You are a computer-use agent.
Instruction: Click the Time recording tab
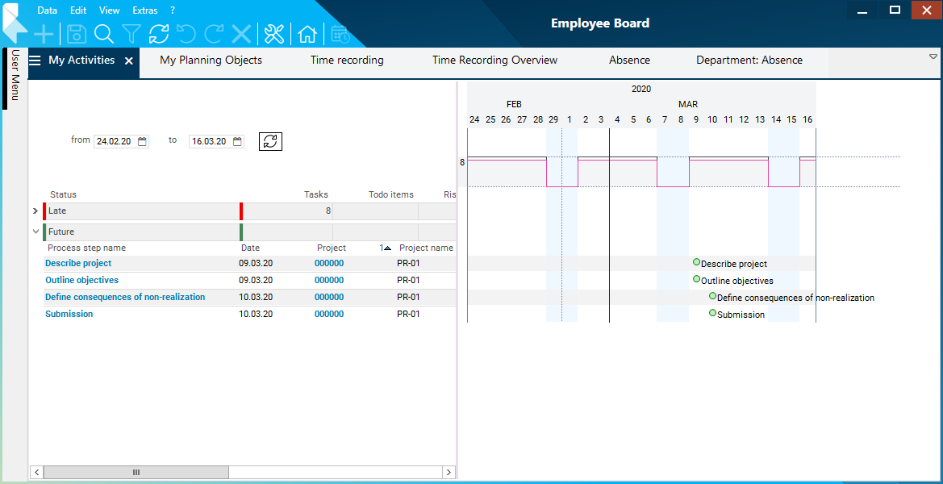tap(347, 60)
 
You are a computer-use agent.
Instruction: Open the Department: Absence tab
tap(749, 60)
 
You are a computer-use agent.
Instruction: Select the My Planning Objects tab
tap(211, 60)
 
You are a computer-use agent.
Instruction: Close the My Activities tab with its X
tap(129, 61)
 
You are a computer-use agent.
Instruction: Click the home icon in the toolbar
tap(307, 34)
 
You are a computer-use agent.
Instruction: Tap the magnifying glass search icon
tap(103, 34)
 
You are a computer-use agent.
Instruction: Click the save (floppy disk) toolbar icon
tap(77, 34)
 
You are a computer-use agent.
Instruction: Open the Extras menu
tap(145, 10)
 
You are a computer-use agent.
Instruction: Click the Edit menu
tap(78, 10)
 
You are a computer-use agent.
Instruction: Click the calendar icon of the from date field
tap(143, 141)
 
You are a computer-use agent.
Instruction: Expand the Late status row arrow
tap(35, 211)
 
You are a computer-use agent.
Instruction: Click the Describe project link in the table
tap(78, 264)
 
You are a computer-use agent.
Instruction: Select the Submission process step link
tap(69, 315)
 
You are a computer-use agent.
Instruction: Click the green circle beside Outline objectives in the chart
tap(696, 279)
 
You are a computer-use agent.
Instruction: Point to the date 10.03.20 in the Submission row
tap(256, 315)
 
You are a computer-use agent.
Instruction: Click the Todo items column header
tap(391, 194)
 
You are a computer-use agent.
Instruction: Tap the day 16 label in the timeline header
tap(807, 119)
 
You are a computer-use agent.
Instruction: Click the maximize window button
tap(895, 10)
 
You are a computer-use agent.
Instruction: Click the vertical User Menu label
tap(15, 76)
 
